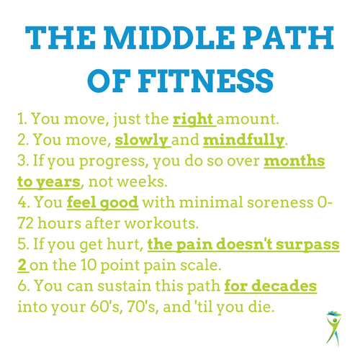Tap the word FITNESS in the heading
(206, 81)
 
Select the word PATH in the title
(289, 38)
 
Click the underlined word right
(193, 120)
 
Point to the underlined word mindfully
(243, 140)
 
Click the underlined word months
(294, 161)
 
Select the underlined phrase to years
(49, 182)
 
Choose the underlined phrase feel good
(102, 203)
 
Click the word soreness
(280, 203)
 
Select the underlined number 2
(22, 265)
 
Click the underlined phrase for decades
(271, 286)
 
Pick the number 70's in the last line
(141, 307)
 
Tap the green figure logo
(334, 329)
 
